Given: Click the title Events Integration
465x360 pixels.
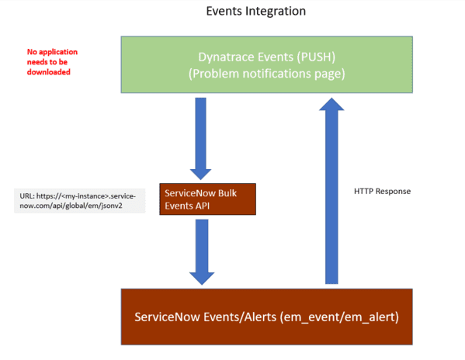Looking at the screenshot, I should [255, 12].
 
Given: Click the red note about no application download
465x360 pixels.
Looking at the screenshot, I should [52, 62].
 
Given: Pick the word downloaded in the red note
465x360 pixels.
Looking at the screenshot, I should [49, 72].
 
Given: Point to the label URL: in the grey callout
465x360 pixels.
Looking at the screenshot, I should [28, 196].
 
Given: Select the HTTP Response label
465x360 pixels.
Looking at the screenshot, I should [380, 191].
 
